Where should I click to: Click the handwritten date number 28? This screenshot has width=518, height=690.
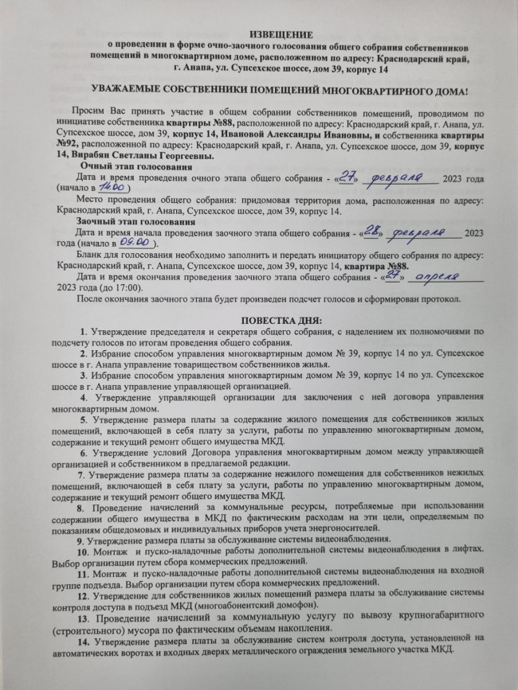pos(375,231)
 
